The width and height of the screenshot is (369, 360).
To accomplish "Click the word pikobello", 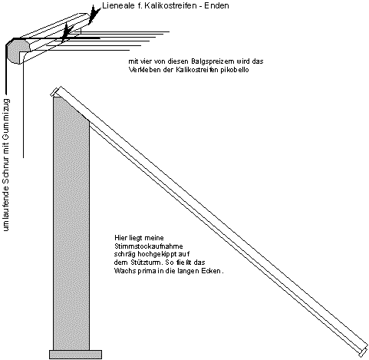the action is [235, 70].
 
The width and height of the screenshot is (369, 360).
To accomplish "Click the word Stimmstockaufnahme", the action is [149, 246].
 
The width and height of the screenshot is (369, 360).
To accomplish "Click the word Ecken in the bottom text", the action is [213, 271].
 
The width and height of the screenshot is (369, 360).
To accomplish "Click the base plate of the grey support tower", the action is [75, 355].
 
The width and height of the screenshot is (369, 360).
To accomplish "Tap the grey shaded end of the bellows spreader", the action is [18, 51].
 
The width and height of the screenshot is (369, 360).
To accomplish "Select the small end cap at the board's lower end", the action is [364, 352].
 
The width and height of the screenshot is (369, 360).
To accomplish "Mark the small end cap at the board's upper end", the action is [54, 91].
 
